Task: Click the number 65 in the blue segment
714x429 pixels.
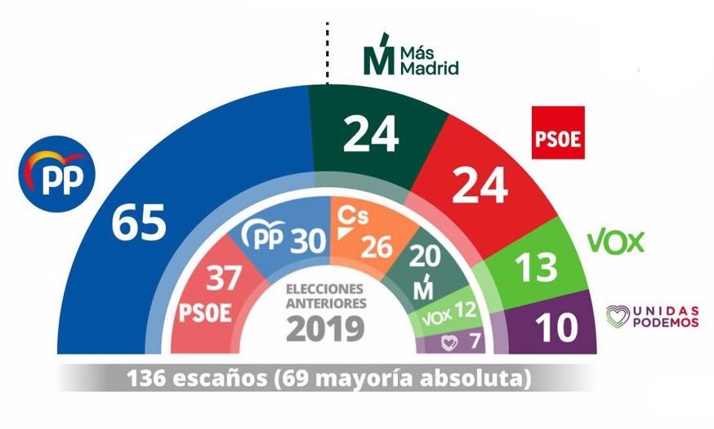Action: coord(139,222)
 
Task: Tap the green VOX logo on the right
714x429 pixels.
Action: coord(615,241)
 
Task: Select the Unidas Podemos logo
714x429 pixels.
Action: coord(652,316)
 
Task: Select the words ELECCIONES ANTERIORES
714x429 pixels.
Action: coord(326,295)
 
